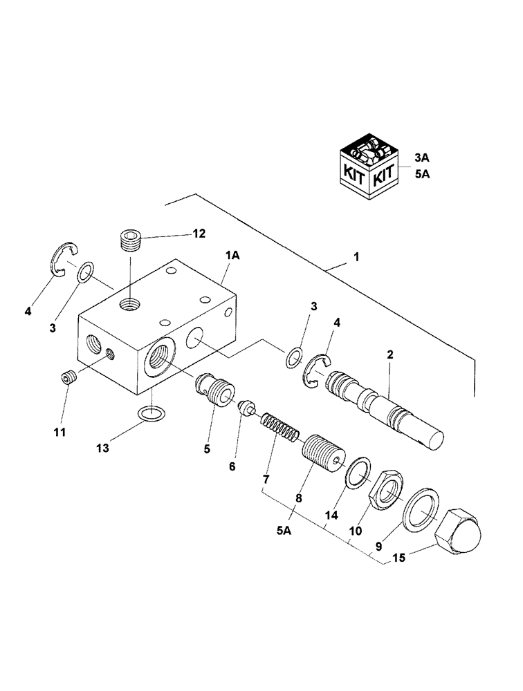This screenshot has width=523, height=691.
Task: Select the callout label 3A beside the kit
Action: pyautogui.click(x=422, y=158)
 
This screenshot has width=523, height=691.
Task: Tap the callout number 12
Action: pyautogui.click(x=199, y=234)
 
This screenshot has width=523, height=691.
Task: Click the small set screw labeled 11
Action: pyautogui.click(x=67, y=379)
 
